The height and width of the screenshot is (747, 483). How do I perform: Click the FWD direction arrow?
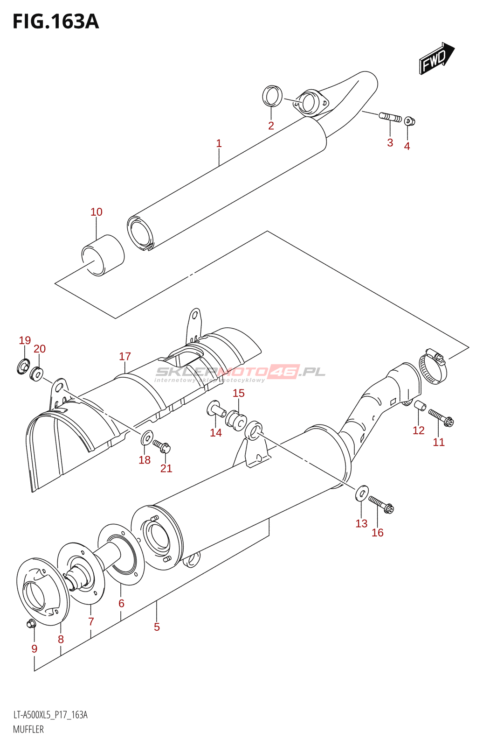[x=436, y=58]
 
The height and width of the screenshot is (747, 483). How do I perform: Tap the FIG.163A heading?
[x=56, y=22]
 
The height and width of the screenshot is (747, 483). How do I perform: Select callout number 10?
[x=96, y=212]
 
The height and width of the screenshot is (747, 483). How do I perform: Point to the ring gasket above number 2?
[x=272, y=96]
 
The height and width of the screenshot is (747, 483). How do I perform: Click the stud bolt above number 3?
[x=390, y=117]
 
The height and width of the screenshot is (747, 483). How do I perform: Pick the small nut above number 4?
[x=409, y=121]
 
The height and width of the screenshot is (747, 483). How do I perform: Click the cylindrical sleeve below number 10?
[x=103, y=255]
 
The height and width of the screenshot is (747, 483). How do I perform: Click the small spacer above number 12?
[x=420, y=405]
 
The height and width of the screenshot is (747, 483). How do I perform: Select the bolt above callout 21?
[x=162, y=447]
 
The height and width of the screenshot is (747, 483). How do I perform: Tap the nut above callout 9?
[x=32, y=623]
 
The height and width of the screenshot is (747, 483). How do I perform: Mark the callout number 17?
[x=125, y=357]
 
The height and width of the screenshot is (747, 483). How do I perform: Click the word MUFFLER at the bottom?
[x=28, y=729]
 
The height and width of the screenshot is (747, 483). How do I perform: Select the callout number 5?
[x=157, y=627]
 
